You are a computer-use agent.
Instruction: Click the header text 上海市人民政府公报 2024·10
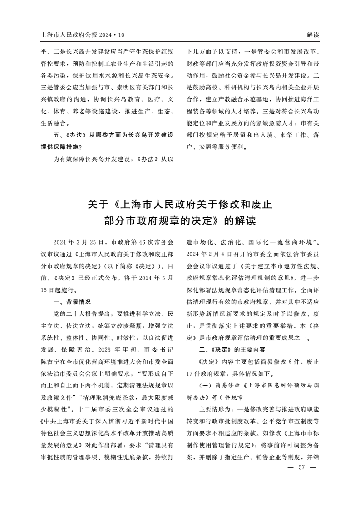(82, 35)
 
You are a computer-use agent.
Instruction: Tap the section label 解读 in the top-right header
(313, 35)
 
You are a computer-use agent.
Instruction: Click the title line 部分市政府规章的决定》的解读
(180, 221)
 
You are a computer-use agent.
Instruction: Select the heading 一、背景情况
(72, 301)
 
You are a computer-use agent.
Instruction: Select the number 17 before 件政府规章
(191, 375)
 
